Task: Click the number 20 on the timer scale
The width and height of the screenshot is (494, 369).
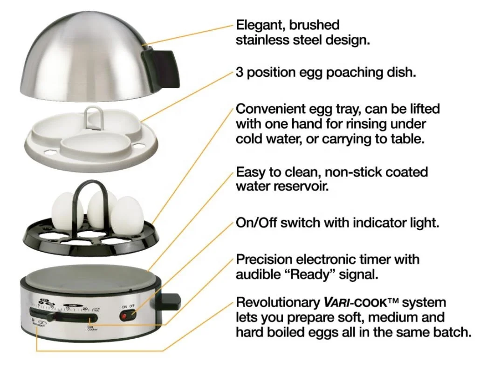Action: click(85, 308)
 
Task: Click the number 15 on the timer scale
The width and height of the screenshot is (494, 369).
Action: click(68, 308)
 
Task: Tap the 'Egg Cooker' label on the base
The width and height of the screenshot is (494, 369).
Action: click(90, 328)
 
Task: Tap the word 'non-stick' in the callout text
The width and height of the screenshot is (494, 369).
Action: click(348, 172)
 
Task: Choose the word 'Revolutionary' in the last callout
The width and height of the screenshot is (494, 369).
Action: click(278, 302)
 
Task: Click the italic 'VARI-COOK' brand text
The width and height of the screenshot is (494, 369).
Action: click(354, 303)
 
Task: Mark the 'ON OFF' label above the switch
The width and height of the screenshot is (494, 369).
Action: click(128, 306)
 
